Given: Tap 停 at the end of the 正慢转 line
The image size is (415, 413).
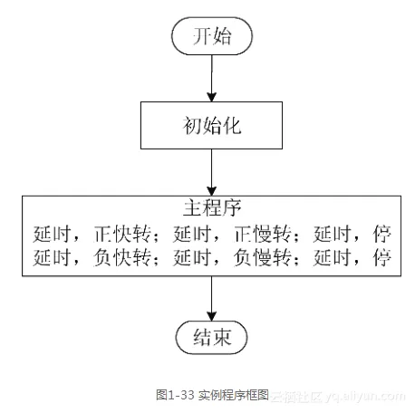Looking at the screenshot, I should click(x=381, y=232).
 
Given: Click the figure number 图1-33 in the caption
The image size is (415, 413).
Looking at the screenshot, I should click(x=174, y=395).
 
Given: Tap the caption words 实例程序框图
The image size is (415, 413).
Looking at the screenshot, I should click(x=232, y=395).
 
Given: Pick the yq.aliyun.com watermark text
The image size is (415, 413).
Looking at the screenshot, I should click(x=362, y=396).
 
